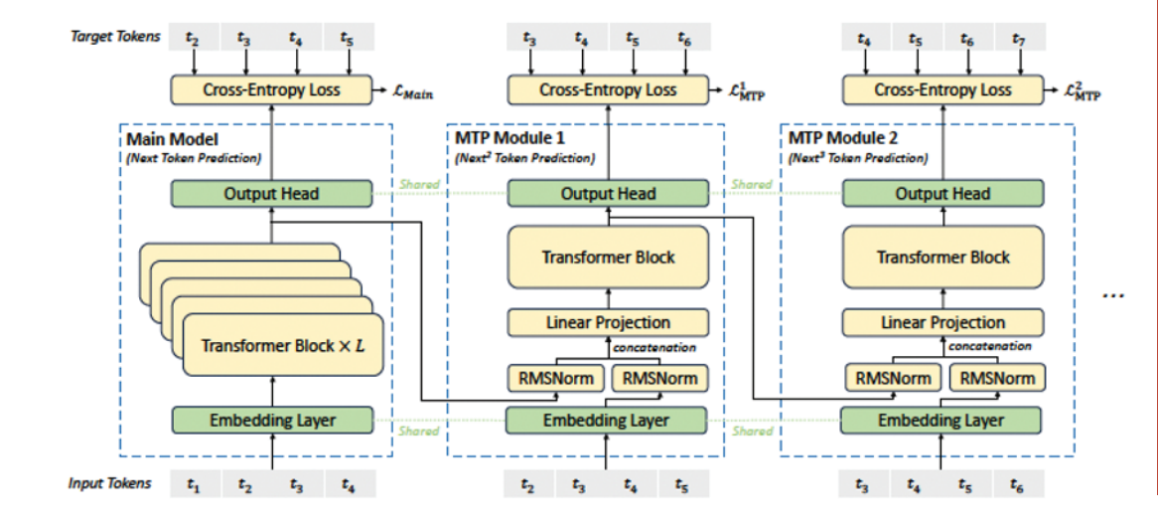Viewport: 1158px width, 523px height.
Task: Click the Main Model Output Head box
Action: click(272, 194)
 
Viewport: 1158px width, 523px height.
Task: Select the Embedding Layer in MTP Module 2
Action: click(941, 421)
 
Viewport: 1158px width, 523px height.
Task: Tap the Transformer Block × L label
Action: click(284, 345)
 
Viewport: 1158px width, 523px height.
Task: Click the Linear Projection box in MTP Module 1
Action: click(608, 322)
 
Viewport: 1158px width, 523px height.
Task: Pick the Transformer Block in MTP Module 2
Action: click(942, 258)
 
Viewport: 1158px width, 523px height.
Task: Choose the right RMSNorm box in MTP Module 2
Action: click(996, 379)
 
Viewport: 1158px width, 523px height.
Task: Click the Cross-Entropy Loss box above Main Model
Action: click(272, 89)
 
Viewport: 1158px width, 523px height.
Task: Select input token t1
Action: click(194, 484)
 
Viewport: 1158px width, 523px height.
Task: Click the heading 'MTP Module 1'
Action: click(498, 139)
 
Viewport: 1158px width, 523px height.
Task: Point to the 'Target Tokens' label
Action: click(114, 36)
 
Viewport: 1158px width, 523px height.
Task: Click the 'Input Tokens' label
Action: click(110, 484)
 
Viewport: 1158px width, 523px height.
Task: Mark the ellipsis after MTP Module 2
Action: click(1113, 296)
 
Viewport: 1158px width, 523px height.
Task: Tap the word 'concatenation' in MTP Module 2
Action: click(989, 346)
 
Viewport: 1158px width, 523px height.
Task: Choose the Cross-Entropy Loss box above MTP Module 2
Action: click(942, 89)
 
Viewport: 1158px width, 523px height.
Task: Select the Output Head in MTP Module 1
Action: click(608, 194)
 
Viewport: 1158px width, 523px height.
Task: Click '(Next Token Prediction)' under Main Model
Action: click(194, 157)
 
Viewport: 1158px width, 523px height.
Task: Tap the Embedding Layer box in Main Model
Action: click(272, 421)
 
